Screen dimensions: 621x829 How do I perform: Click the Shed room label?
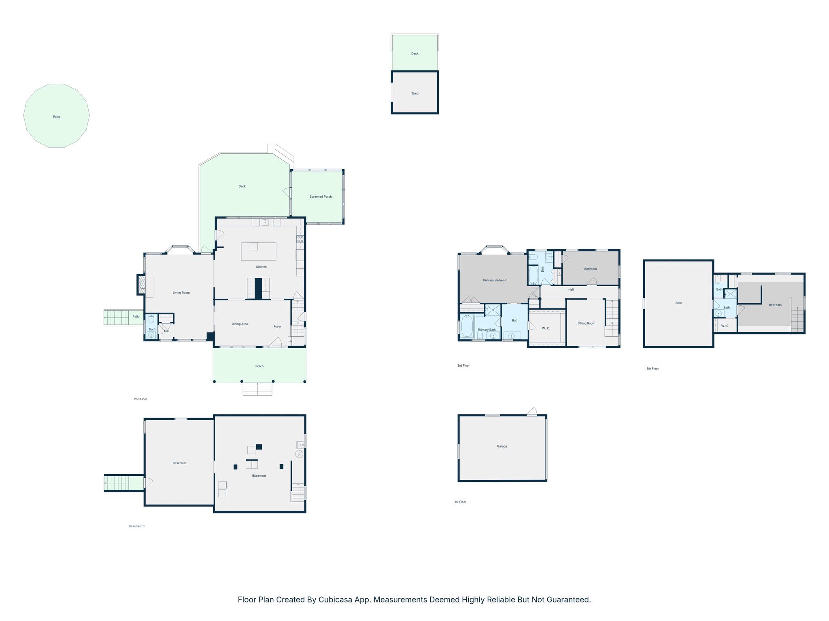click(414, 93)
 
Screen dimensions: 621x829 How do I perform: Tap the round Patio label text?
click(56, 117)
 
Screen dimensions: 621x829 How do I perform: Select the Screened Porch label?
click(321, 197)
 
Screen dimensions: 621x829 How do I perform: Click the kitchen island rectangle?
click(259, 251)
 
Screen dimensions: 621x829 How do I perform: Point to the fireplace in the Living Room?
click(141, 284)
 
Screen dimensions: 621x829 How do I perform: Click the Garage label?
click(502, 446)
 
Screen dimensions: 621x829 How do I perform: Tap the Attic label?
click(678, 303)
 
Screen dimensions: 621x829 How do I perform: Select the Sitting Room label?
click(586, 323)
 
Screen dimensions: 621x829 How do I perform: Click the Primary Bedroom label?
click(495, 280)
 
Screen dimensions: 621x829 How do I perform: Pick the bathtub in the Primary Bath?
click(467, 326)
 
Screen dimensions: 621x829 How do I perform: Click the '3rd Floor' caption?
click(463, 365)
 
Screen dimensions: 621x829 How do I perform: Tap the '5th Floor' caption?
click(653, 369)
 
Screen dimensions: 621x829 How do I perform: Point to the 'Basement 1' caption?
click(136, 526)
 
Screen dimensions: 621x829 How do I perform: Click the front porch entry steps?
click(257, 389)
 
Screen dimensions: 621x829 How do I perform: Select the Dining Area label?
click(240, 324)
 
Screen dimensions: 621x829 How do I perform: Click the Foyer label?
click(277, 326)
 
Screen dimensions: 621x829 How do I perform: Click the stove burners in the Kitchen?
click(300, 239)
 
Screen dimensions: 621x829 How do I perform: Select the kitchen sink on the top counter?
click(265, 222)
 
